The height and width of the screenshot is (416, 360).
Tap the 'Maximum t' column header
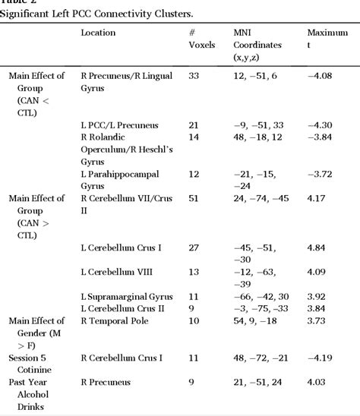coord(327,39)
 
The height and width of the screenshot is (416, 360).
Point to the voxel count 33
coord(194,76)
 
